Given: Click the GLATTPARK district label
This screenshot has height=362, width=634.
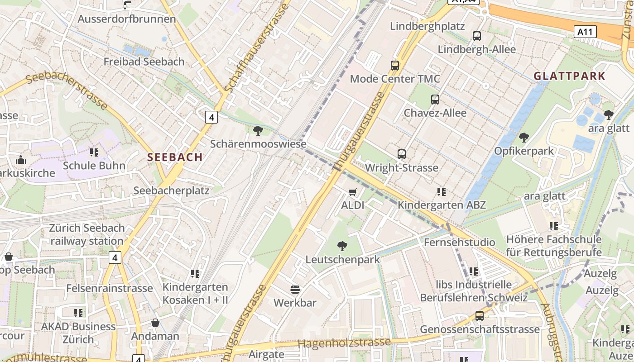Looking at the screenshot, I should coord(569,76).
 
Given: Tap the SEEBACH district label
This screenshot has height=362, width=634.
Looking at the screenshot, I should coord(175,157).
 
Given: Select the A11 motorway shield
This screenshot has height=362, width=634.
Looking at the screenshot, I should coord(585,32).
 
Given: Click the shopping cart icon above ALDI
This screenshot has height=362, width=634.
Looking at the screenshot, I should coord(353,192).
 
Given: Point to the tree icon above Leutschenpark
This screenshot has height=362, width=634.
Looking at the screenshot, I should coord(342,246).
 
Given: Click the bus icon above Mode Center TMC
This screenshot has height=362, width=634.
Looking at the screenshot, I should coord(395,66).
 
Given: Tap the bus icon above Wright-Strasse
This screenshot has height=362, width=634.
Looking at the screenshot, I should coord(401,154).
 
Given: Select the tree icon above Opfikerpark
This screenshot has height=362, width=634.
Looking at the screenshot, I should coord(524,137).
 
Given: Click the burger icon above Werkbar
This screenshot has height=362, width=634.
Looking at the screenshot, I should coord(295,289).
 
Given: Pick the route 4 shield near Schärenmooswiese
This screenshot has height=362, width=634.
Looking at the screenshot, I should coord(211,117).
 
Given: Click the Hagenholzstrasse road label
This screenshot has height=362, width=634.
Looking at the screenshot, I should coord(344,343).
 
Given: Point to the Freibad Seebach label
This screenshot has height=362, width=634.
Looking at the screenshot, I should coord(144,62).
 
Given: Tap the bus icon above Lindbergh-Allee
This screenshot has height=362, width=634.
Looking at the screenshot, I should coord(476,36).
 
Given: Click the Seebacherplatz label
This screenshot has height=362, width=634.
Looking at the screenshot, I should coord(171,191).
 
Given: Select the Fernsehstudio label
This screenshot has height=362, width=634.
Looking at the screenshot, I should coord(459,242).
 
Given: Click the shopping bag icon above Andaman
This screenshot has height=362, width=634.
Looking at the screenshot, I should coord(155,323).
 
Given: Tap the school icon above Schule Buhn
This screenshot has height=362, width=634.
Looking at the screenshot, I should coord(94,152).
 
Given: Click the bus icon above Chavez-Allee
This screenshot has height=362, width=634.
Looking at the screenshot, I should coord(435,100).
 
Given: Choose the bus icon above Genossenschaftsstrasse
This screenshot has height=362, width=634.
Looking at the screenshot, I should coord(479,316).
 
